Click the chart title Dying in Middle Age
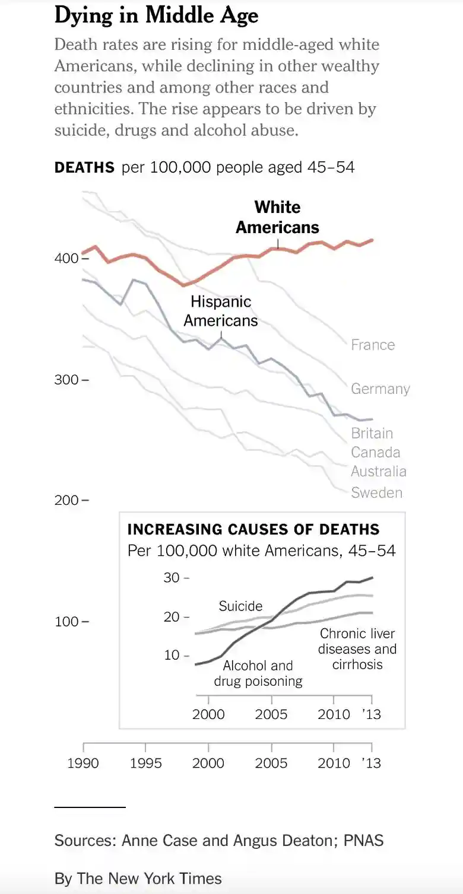[156, 16]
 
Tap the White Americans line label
[277, 217]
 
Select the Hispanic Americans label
[221, 311]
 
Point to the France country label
[373, 345]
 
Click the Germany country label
[380, 389]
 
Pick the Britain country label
[372, 433]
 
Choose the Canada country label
[376, 453]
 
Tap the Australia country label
[379, 472]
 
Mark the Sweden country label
[376, 492]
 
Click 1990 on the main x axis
[83, 763]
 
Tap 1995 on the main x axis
[145, 763]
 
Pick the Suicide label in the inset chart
[240, 606]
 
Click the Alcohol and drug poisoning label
[258, 673]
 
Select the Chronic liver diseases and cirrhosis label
[357, 649]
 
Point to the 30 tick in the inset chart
[172, 578]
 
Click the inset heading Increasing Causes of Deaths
[253, 529]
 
